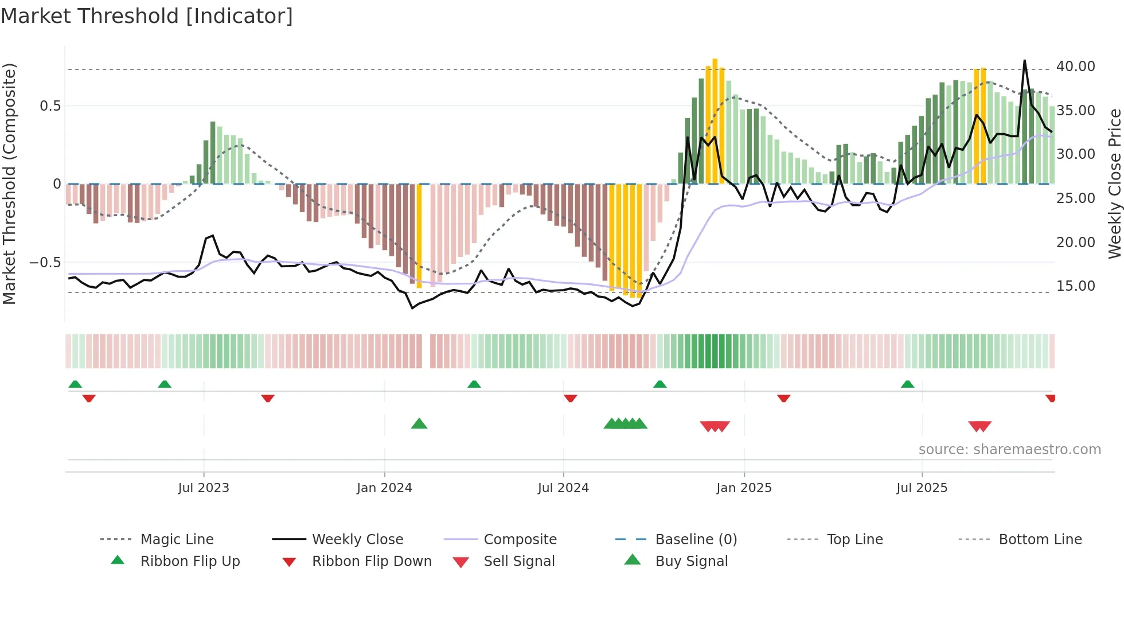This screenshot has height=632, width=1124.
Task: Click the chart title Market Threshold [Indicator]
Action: click(x=147, y=16)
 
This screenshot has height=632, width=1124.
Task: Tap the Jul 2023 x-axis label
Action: click(x=203, y=488)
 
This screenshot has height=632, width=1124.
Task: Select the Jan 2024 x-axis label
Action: click(x=384, y=488)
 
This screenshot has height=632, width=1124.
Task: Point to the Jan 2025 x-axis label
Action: click(x=744, y=488)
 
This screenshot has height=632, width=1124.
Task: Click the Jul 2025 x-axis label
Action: click(x=922, y=488)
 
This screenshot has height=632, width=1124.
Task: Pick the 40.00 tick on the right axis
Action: click(x=1075, y=67)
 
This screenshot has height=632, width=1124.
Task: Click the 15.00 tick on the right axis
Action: click(x=1075, y=286)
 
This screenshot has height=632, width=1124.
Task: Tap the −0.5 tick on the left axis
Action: click(x=45, y=263)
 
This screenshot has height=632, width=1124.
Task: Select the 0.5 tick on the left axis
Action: click(x=50, y=106)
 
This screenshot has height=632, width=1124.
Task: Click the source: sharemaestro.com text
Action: click(x=1009, y=450)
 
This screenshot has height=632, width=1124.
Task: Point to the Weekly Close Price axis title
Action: click(x=1114, y=184)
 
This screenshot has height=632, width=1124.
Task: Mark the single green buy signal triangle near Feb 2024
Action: click(x=419, y=424)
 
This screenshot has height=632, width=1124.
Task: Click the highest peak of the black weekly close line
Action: click(x=1024, y=61)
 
